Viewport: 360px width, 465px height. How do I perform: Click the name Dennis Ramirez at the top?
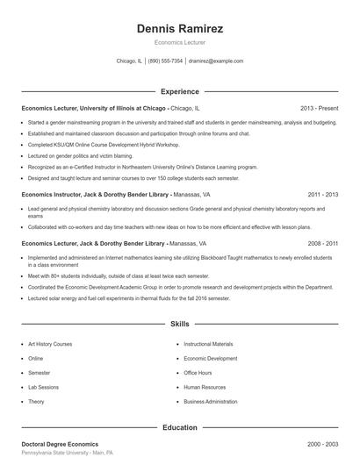180,29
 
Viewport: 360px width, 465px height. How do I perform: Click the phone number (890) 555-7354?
165,61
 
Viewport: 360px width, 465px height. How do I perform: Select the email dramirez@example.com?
216,61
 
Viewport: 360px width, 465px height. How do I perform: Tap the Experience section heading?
180,91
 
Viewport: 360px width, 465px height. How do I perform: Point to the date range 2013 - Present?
319,107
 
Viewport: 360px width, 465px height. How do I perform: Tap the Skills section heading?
180,324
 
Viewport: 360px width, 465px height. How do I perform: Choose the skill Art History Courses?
50,344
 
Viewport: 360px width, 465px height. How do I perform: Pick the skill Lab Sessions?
43,386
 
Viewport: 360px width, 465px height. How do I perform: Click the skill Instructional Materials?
208,344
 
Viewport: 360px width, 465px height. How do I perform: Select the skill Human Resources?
204,386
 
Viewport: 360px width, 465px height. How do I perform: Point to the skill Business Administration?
211,401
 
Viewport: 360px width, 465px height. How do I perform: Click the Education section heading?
180,427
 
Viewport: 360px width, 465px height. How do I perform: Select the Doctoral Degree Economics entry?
60,444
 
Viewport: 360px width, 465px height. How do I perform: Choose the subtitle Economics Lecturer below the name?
180,42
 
